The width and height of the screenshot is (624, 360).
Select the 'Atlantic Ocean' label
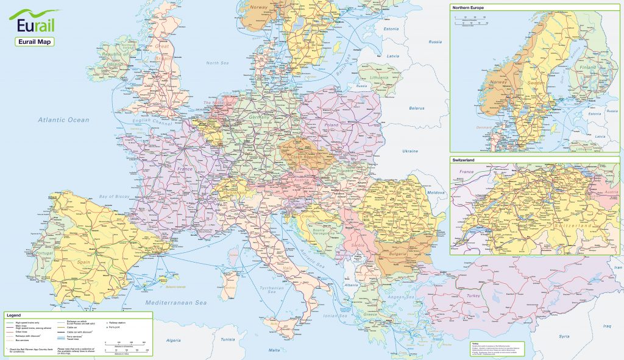[x=63, y=120]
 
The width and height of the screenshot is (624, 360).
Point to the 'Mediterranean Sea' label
[x=175, y=303]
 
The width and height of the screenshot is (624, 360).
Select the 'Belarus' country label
[x=417, y=108]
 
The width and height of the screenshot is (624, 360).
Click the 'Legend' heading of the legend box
[x=13, y=315]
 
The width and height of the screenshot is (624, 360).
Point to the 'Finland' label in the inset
[x=587, y=68]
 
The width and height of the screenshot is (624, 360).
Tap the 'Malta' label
[x=275, y=350]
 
